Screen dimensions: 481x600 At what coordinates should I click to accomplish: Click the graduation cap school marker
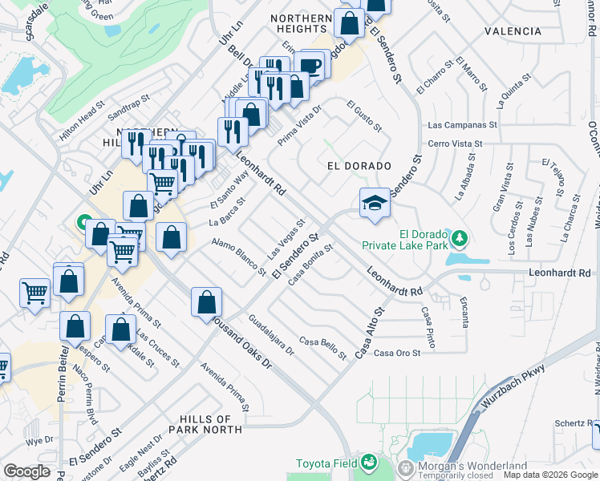(x=375, y=204)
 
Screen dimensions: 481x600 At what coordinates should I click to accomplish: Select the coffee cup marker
(x=310, y=65)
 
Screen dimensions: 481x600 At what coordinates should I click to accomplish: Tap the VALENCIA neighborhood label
(x=513, y=31)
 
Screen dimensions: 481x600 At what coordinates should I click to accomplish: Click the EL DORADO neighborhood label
(x=359, y=166)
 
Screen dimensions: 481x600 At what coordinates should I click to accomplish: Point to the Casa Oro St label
(x=397, y=354)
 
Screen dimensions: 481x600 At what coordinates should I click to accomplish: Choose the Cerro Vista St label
(x=455, y=143)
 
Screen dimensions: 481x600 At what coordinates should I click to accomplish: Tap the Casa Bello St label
(x=322, y=346)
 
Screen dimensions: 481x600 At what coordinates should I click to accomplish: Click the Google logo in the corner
(x=27, y=471)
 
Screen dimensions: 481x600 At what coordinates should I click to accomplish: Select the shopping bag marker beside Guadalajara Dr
(x=207, y=302)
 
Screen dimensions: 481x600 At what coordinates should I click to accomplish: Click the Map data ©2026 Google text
(x=549, y=475)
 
